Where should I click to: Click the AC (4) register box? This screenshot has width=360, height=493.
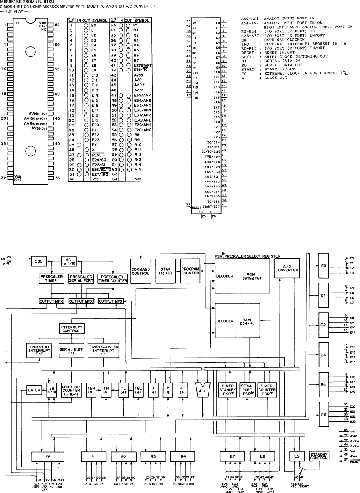click(182, 390)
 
